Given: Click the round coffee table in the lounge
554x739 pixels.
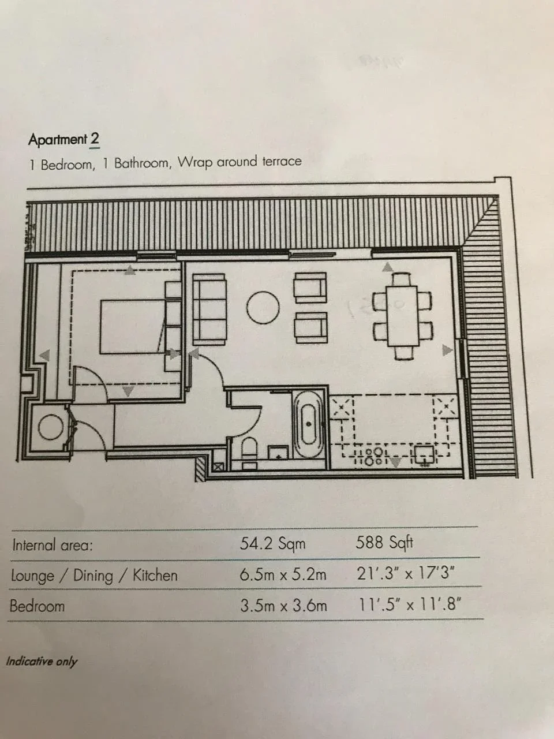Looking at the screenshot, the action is pyautogui.click(x=263, y=307).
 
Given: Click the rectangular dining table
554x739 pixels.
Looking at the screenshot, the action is pyautogui.click(x=402, y=316).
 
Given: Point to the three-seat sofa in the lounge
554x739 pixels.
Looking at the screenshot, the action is pyautogui.click(x=208, y=309).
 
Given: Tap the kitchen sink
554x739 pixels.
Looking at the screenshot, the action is pyautogui.click(x=425, y=455).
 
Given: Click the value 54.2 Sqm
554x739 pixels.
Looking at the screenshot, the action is pyautogui.click(x=272, y=543).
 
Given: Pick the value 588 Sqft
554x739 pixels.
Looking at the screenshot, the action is pyautogui.click(x=384, y=542).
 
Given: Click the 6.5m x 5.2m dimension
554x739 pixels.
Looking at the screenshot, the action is pyautogui.click(x=283, y=574).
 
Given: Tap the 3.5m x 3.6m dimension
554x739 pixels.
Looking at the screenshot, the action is pyautogui.click(x=283, y=605).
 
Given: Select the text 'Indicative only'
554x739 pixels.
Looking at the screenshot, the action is pyautogui.click(x=42, y=661).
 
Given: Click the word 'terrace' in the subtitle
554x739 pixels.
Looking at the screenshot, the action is pyautogui.click(x=282, y=161).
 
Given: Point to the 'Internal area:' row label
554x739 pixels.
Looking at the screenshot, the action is pyautogui.click(x=53, y=545).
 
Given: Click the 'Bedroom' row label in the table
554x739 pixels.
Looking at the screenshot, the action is pyautogui.click(x=37, y=606).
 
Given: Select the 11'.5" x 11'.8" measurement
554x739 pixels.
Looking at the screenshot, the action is pyautogui.click(x=409, y=605).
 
